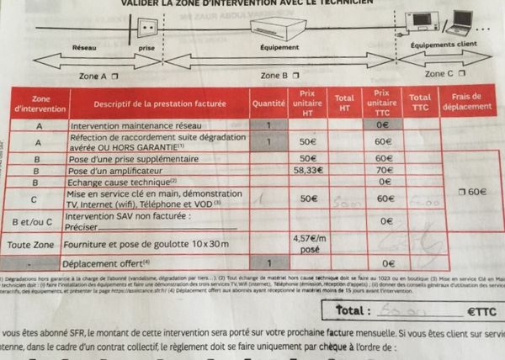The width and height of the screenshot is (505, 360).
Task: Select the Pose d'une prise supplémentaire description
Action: pos(135,157)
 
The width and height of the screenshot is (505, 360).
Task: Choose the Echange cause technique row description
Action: pos(123,180)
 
